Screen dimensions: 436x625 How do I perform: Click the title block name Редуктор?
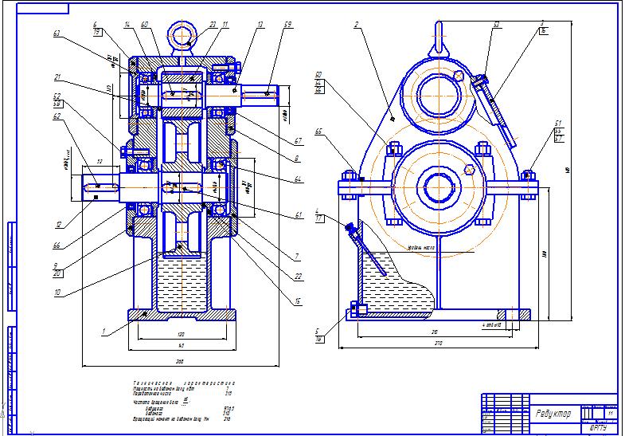pos(553,414)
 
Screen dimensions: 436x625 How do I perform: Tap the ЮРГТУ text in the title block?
pos(599,427)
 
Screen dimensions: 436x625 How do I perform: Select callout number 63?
pos(57,34)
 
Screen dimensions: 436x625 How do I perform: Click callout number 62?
pos(57,116)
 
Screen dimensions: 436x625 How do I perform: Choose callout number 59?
pos(287,26)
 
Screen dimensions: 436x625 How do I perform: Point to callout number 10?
pos(57,293)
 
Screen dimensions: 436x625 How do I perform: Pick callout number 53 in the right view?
pos(495,26)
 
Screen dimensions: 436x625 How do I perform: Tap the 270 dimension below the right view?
pos(439,343)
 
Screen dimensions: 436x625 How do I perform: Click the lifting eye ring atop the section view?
pos(181,36)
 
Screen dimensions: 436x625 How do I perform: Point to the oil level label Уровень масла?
pos(419,247)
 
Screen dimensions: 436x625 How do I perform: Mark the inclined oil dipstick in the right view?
pos(368,250)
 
